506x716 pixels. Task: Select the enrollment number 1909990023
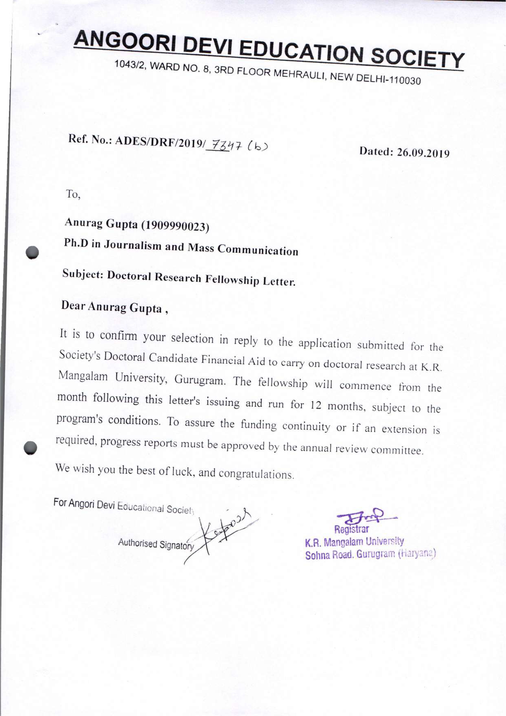click(175, 226)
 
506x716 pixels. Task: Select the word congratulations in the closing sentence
click(256, 474)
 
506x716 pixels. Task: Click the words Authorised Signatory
click(156, 544)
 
